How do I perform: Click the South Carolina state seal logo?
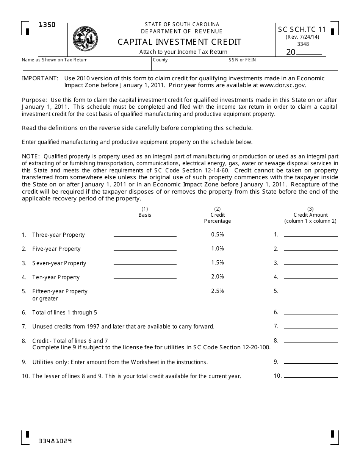(x=85, y=39)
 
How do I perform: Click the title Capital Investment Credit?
(x=179, y=42)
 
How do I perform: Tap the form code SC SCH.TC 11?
(x=302, y=30)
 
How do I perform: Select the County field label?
(x=160, y=60)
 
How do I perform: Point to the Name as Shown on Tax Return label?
(x=55, y=60)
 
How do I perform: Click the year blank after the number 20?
(x=309, y=52)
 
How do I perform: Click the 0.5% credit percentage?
(x=218, y=235)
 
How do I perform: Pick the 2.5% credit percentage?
(x=218, y=291)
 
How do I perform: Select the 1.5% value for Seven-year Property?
(x=218, y=263)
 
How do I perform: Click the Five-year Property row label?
(x=56, y=249)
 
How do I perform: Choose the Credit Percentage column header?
(x=218, y=215)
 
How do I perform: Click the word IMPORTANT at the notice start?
(x=40, y=78)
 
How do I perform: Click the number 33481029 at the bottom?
(x=55, y=441)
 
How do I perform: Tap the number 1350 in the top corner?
(x=47, y=25)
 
